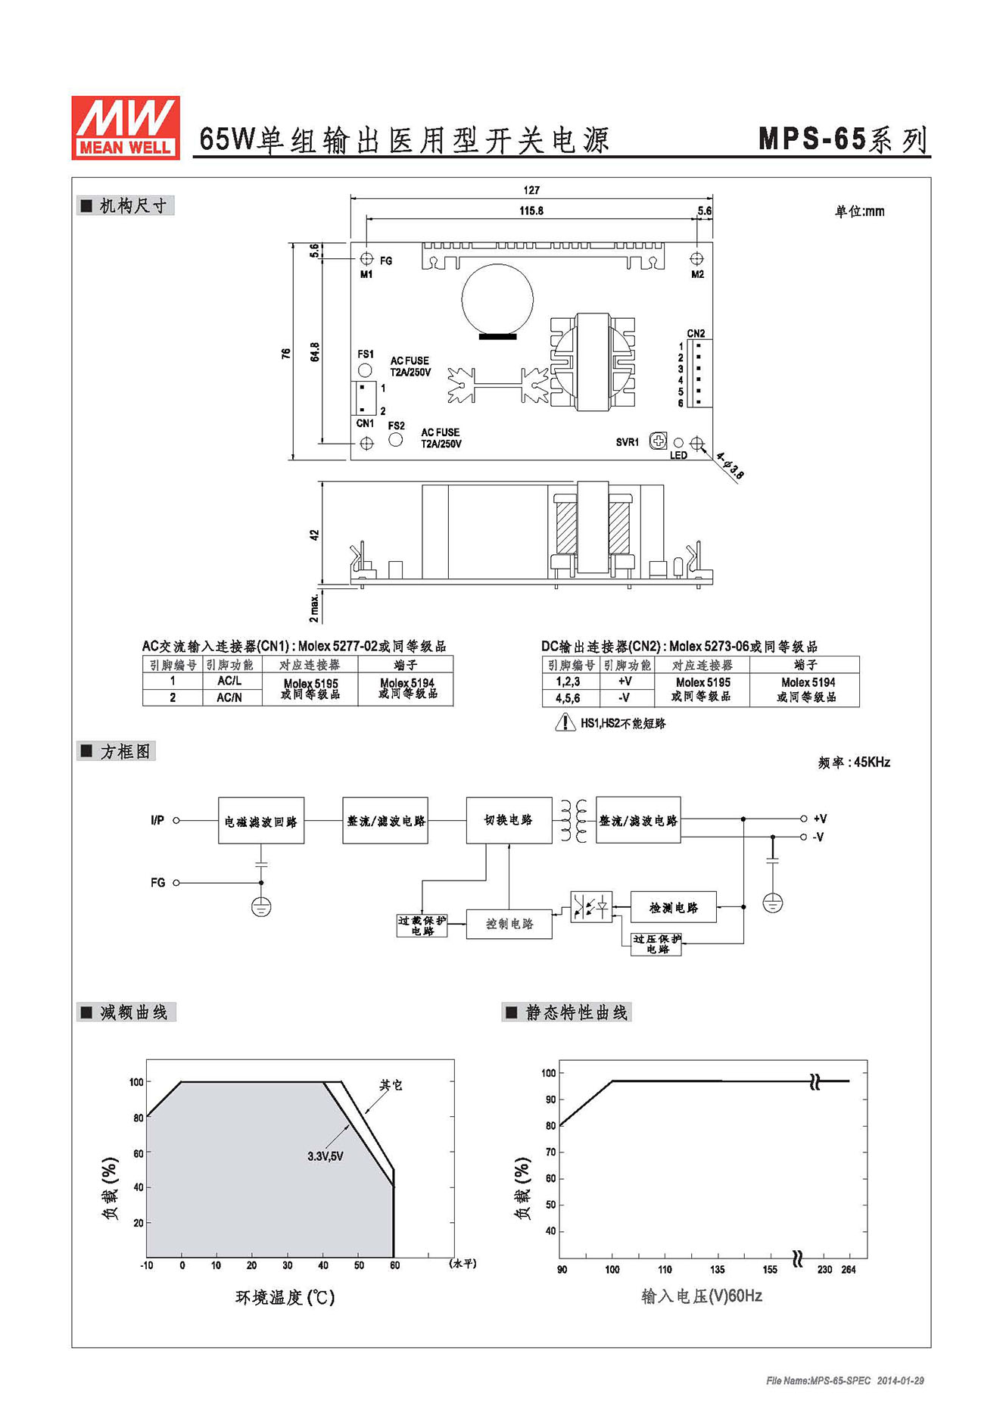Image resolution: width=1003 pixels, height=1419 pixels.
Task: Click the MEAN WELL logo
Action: (126, 127)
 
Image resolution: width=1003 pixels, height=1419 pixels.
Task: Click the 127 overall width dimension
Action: (531, 190)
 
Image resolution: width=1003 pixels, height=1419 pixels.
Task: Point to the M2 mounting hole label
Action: (697, 274)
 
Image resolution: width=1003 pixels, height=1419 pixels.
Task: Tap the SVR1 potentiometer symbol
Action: (659, 441)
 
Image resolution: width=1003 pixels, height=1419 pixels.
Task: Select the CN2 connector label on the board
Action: (696, 333)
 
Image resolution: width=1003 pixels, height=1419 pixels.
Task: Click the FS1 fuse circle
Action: (365, 370)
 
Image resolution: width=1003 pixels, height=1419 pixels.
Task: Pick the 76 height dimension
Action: (286, 353)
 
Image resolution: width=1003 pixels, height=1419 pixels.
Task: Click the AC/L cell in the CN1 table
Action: (229, 681)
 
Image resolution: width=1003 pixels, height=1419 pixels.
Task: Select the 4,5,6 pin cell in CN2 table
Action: (568, 698)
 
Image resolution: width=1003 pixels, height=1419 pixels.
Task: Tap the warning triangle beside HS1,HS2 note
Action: (565, 722)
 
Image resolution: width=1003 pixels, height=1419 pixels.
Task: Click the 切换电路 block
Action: (509, 820)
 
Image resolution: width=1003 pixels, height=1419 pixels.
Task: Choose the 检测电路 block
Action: (674, 907)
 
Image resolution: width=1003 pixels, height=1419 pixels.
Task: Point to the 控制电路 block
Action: (509, 924)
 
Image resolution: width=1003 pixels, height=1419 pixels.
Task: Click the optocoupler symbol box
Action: (591, 906)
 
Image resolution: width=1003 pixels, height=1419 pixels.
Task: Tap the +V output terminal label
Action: (820, 819)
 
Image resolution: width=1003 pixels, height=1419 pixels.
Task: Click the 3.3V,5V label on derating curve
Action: (326, 1156)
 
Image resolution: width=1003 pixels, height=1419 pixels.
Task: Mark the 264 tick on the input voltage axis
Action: (848, 1269)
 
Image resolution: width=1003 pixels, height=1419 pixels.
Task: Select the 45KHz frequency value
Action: (872, 763)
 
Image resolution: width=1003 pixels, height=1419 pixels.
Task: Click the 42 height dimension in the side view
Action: (314, 535)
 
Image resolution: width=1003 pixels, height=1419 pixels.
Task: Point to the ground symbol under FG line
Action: (261, 906)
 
